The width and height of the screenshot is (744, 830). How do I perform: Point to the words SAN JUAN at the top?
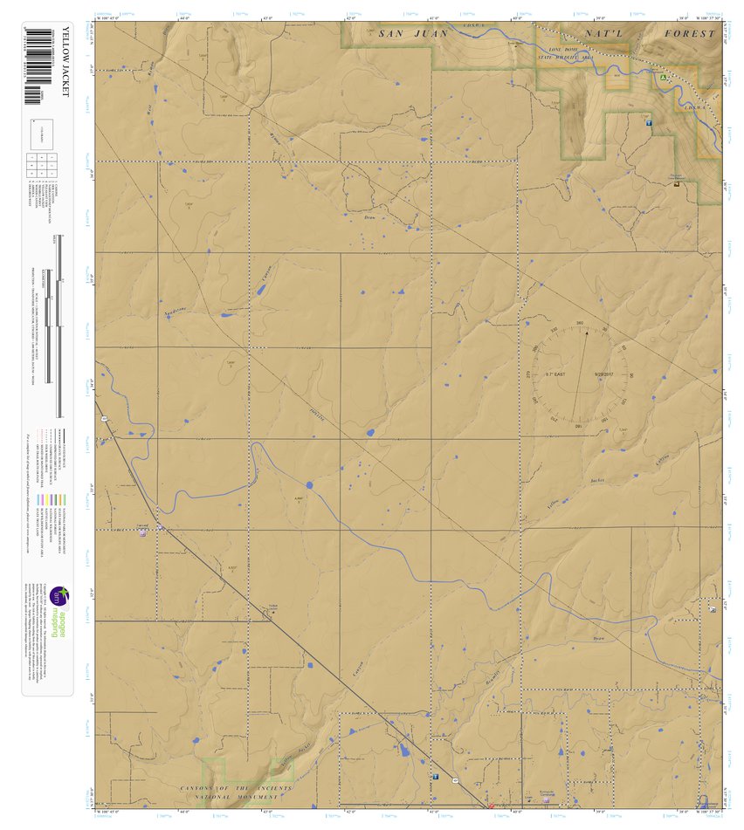[x=406, y=33]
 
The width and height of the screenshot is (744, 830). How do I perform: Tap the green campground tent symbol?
[x=664, y=78]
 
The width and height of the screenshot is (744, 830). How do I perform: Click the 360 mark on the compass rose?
[x=580, y=324]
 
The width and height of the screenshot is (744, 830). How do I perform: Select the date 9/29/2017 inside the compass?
[x=605, y=374]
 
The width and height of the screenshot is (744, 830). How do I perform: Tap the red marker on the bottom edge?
[x=491, y=806]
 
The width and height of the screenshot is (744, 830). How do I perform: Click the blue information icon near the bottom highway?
[x=435, y=775]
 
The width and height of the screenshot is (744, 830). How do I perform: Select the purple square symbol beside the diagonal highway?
[x=142, y=533]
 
